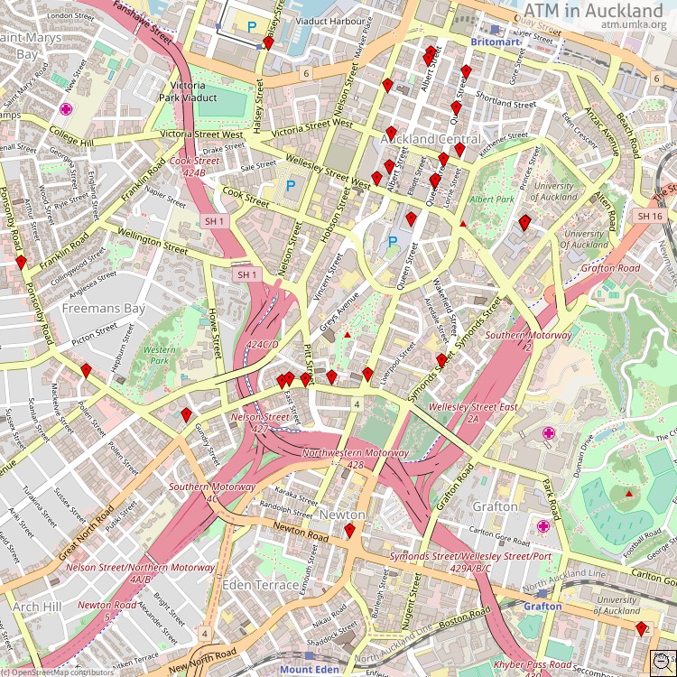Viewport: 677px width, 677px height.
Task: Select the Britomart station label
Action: click(496, 42)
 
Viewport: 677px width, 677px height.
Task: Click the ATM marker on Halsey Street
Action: click(268, 42)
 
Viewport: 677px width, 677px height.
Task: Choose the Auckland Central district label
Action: click(431, 140)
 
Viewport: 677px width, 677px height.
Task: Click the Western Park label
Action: click(160, 355)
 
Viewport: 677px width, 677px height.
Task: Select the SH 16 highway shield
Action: click(650, 217)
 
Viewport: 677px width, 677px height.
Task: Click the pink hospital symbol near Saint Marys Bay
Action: click(66, 109)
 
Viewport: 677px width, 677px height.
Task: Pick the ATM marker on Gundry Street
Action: click(186, 415)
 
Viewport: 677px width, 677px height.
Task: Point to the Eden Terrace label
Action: click(260, 585)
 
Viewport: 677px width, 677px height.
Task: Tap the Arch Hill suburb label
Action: click(37, 607)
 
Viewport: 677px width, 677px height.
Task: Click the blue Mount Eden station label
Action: click(309, 670)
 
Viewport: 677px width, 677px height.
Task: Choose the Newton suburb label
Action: click(342, 515)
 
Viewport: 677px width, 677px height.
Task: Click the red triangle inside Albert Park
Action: click(463, 223)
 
